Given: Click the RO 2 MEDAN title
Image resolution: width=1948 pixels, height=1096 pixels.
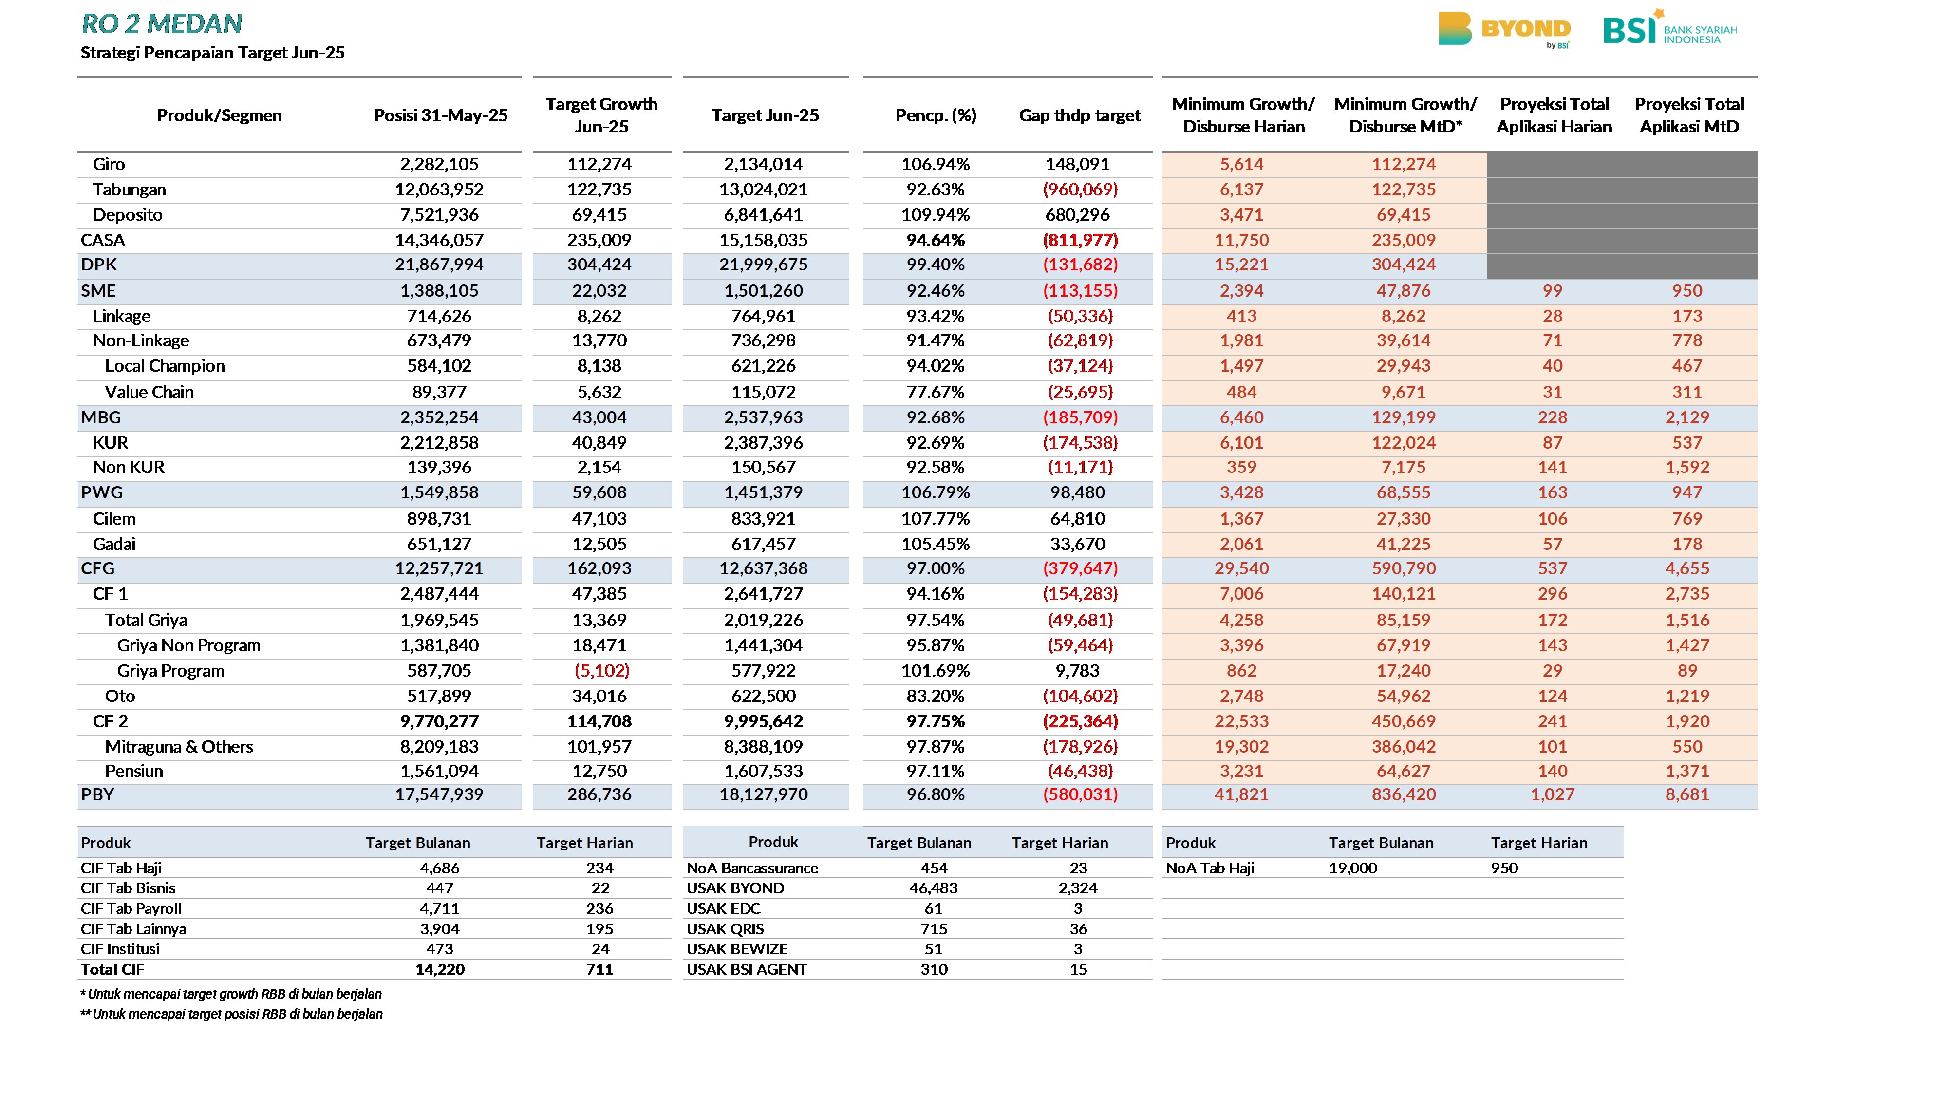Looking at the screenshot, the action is pyautogui.click(x=162, y=24).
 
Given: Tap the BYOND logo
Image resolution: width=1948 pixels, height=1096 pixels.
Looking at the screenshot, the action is pyautogui.click(x=1504, y=30).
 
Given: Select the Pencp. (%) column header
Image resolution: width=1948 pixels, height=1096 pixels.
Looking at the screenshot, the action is pyautogui.click(x=936, y=116).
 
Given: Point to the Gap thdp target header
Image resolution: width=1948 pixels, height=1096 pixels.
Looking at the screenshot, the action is pyautogui.click(x=1079, y=116).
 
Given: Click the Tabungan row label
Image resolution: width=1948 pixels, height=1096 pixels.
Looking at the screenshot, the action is pyautogui.click(x=130, y=190).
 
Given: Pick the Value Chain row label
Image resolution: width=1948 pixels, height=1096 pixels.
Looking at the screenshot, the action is pyautogui.click(x=149, y=392).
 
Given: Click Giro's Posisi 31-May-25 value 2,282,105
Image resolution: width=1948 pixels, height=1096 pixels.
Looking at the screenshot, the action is pyautogui.click(x=439, y=164).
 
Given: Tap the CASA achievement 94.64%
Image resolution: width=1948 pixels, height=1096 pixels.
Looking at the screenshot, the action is pyautogui.click(x=936, y=241).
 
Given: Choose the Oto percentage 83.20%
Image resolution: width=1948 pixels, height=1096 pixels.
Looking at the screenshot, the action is pyautogui.click(x=936, y=696).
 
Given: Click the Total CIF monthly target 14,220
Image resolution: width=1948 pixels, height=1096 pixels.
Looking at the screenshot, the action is pyautogui.click(x=439, y=970).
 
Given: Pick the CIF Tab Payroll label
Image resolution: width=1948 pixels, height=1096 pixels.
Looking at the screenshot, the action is pyautogui.click(x=131, y=908).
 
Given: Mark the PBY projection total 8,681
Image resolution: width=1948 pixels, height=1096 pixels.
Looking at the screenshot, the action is pyautogui.click(x=1687, y=795).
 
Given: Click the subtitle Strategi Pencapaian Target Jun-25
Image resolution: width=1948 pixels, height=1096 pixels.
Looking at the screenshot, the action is pyautogui.click(x=212, y=53).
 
